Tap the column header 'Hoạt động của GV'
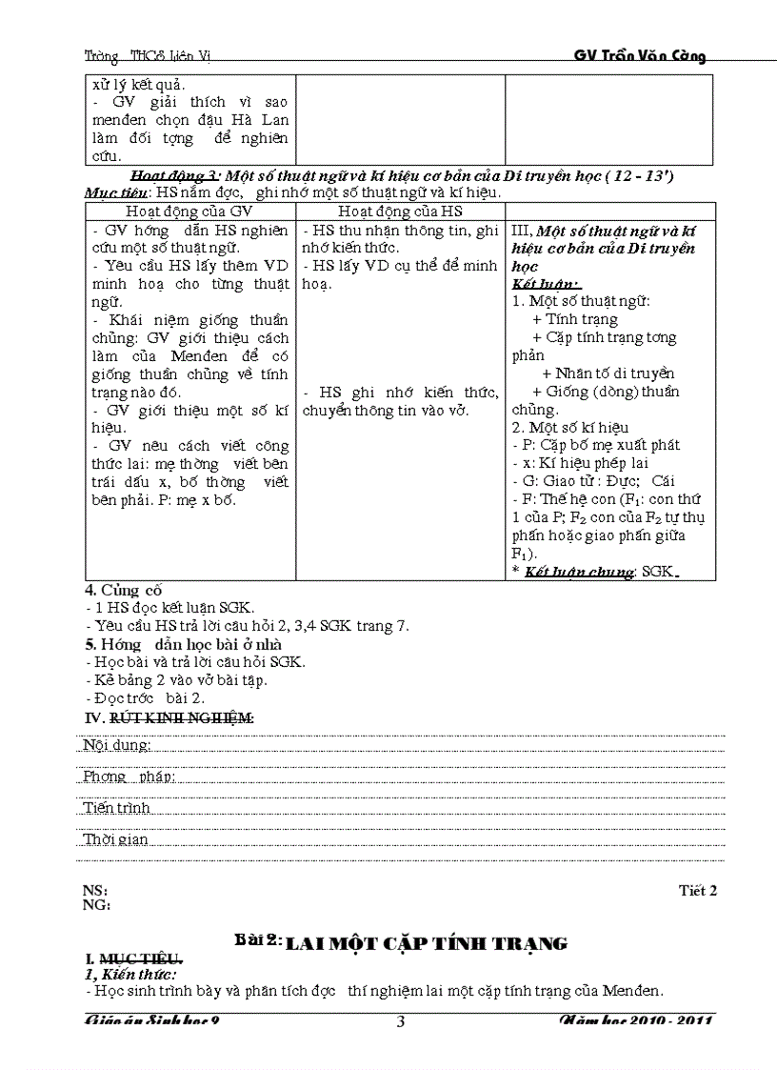(189, 211)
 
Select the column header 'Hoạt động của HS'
(400, 211)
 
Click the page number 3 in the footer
(400, 1022)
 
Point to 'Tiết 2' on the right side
(697, 891)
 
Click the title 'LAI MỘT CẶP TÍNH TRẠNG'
(427, 943)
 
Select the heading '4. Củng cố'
(122, 590)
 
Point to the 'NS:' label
(95, 891)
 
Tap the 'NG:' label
(96, 905)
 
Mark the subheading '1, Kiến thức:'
(130, 974)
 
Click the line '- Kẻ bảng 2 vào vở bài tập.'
(176, 679)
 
